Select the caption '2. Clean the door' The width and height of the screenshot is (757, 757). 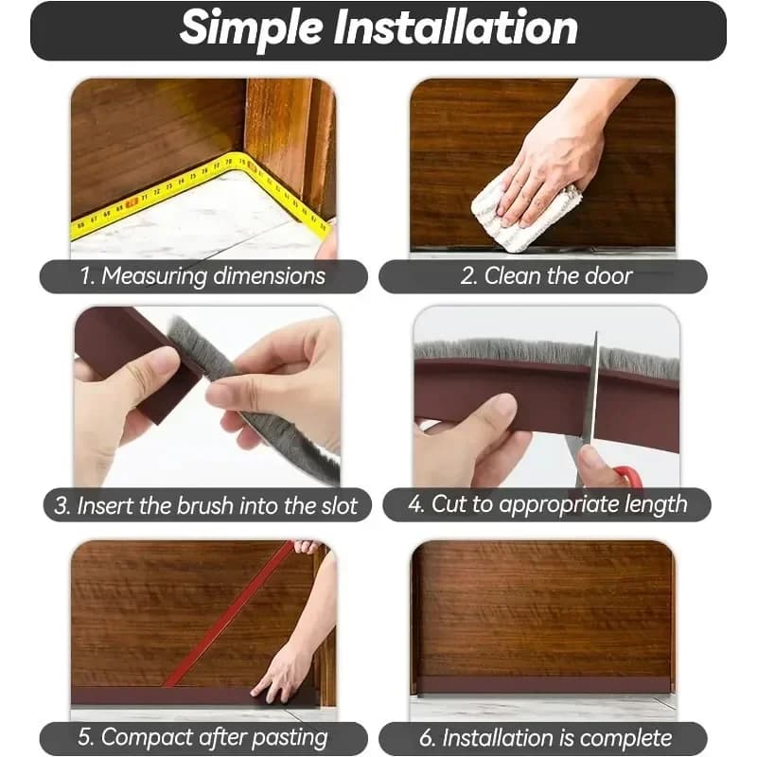(544, 276)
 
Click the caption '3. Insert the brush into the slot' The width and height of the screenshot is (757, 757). (205, 505)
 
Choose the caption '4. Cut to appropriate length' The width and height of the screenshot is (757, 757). (547, 504)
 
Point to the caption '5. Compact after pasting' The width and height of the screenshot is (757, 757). (205, 737)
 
